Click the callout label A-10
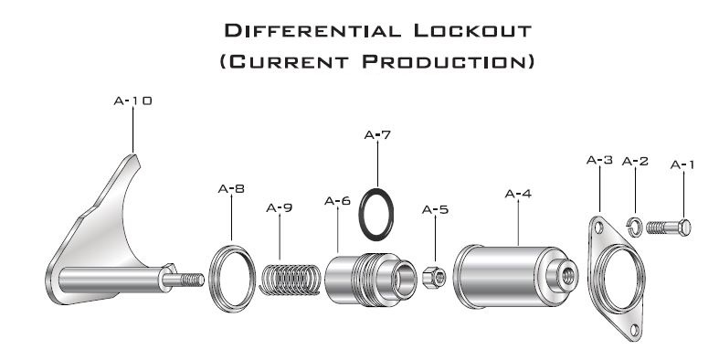coord(132,101)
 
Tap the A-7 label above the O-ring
coord(377,135)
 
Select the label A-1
coord(682,164)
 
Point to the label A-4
coord(518,194)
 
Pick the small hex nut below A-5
coord(433,277)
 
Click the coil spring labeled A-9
coord(290,280)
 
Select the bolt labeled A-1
coord(669,227)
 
